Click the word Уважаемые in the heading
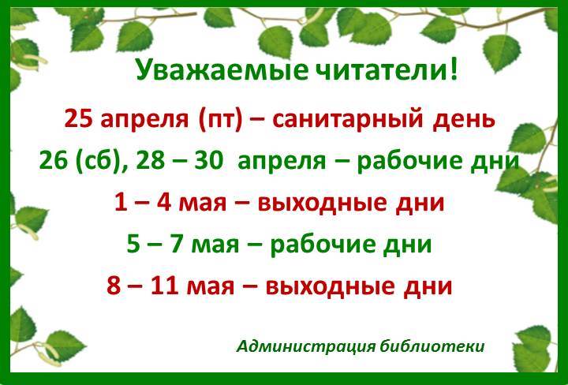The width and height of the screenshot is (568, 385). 222,71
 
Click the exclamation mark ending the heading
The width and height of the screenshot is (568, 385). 453,69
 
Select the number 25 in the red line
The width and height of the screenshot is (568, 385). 79,119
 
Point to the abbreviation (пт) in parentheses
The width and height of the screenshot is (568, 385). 220,120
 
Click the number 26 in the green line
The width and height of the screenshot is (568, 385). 54,160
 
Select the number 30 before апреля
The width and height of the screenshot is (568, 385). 208,160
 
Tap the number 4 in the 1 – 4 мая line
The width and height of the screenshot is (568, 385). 164,202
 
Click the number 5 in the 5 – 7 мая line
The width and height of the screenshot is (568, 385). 133,244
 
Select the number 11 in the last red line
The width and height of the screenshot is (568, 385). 164,286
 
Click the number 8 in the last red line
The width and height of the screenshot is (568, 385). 114,286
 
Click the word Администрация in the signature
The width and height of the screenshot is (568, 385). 306,346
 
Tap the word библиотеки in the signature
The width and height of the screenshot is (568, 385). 432,346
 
